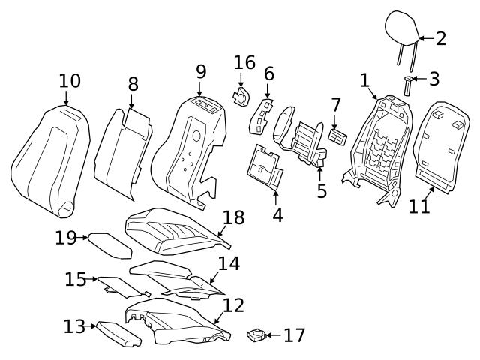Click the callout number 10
coord(70,81)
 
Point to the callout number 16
coord(244,63)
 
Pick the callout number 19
coord(66,238)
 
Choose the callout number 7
coord(335,105)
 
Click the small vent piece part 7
coord(337,136)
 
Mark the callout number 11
coord(419,205)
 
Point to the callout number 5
coord(322,191)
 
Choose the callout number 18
coord(233,218)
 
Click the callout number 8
coord(133,84)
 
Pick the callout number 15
coord(75,279)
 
